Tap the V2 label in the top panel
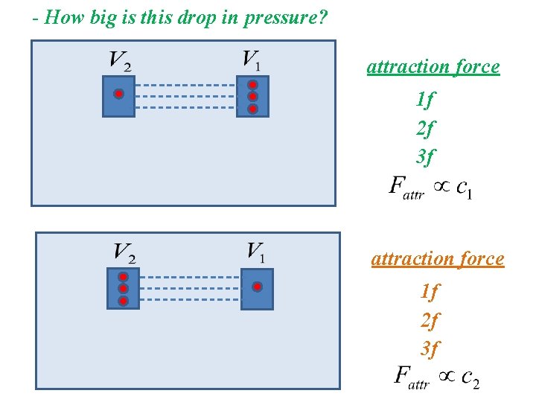(x=120, y=60)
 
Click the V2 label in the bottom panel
(x=124, y=253)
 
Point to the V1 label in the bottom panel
(x=255, y=252)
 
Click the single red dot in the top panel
(x=118, y=95)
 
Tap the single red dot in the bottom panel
(x=257, y=287)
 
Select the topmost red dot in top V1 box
(x=252, y=84)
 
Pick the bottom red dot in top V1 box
(x=252, y=109)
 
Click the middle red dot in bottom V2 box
(x=124, y=289)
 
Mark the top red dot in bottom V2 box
(x=124, y=276)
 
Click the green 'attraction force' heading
(x=433, y=66)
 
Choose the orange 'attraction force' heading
(x=438, y=258)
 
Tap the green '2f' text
(x=426, y=128)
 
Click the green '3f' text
(x=426, y=156)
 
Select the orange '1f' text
(x=430, y=291)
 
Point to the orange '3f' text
(x=430, y=348)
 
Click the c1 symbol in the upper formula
(x=463, y=188)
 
